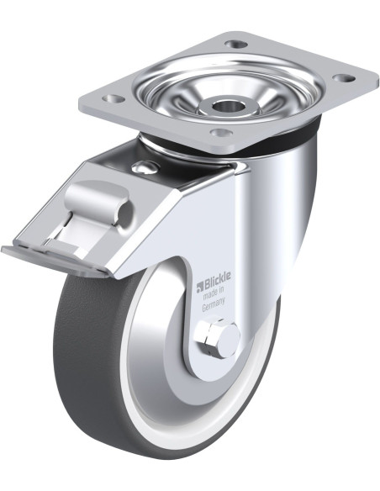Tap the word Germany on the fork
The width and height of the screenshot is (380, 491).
click(214, 304)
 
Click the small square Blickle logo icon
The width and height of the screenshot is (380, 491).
click(200, 287)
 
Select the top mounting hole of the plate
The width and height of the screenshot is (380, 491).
click(235, 44)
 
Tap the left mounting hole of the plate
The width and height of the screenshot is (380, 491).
click(113, 99)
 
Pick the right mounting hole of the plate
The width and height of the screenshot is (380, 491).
click(344, 77)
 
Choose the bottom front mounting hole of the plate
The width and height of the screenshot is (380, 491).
click(221, 133)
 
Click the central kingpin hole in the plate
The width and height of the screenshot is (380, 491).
click(226, 106)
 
